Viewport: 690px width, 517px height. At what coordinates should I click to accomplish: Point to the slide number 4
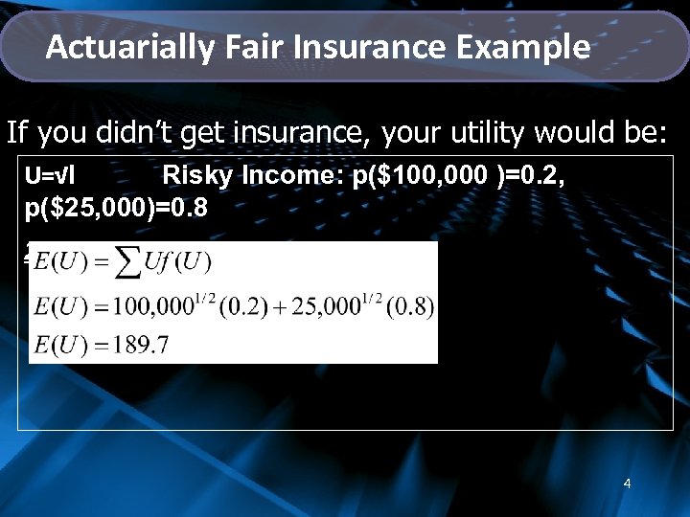pos(627,483)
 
